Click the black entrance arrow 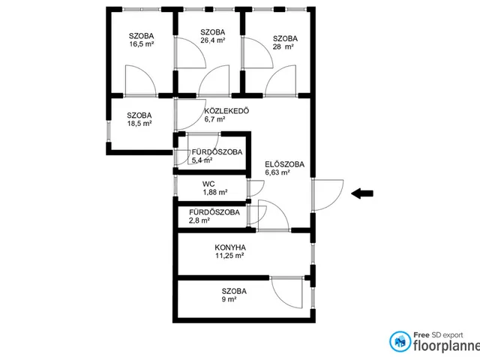click(362, 193)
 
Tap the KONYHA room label click(230, 247)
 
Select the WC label click(208, 184)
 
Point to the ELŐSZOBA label click(285, 164)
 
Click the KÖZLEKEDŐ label click(226, 110)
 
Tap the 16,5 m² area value click(142, 43)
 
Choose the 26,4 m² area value click(213, 40)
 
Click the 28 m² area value click(283, 46)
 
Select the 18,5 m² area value click(139, 123)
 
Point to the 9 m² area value click(229, 299)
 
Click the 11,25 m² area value click(229, 255)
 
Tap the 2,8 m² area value click(199, 220)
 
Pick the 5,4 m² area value click(202, 160)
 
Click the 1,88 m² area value click(215, 192)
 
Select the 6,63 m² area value click(277, 172)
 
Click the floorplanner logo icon click(400, 342)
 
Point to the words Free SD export click(438, 335)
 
